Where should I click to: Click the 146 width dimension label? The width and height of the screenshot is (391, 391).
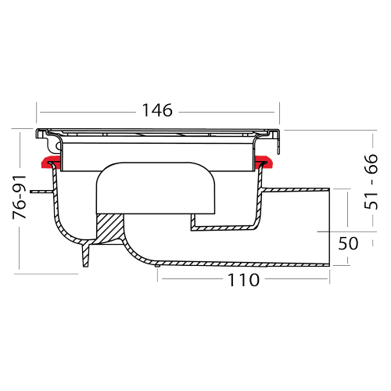click(157, 110)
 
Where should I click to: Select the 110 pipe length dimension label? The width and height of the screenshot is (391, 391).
click(244, 280)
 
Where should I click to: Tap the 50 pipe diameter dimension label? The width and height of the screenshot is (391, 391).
click(348, 243)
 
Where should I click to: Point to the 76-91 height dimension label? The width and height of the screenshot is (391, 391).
click(20, 197)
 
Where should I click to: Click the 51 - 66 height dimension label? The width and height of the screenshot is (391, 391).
click(371, 181)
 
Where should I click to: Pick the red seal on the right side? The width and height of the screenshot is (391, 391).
click(264, 162)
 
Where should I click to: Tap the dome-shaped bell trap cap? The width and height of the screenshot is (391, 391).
click(156, 188)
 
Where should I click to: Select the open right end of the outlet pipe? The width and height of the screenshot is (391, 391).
click(330, 227)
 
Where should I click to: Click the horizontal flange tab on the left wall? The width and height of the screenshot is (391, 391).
click(41, 192)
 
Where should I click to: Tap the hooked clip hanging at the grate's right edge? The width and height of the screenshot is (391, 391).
click(278, 142)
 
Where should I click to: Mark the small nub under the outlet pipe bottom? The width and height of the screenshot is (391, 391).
click(156, 266)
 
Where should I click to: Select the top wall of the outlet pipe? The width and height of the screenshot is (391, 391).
click(296, 189)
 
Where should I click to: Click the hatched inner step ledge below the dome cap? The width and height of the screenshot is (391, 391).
click(224, 228)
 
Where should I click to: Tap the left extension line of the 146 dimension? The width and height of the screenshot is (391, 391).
click(36, 113)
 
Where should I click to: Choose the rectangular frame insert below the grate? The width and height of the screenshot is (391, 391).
click(157, 157)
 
